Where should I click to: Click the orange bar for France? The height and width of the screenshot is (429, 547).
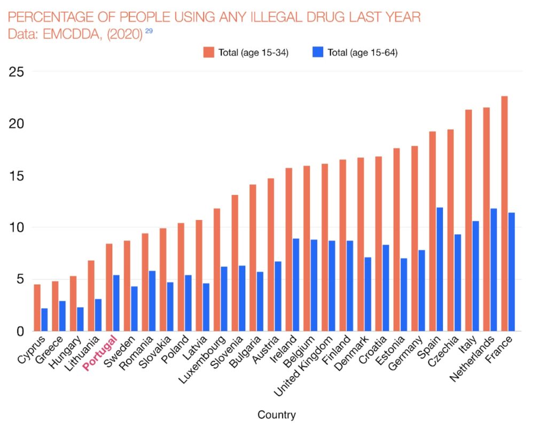click(x=504, y=214)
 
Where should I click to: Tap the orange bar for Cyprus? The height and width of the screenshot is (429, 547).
click(x=37, y=308)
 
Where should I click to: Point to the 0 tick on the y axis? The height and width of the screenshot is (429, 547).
click(x=20, y=331)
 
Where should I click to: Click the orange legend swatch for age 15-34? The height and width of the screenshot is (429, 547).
click(x=208, y=52)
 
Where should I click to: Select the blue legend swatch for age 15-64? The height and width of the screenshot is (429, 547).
click(x=317, y=52)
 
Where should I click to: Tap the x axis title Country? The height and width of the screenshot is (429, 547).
click(x=277, y=415)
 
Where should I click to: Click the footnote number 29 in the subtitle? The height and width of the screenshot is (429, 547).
click(x=149, y=31)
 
